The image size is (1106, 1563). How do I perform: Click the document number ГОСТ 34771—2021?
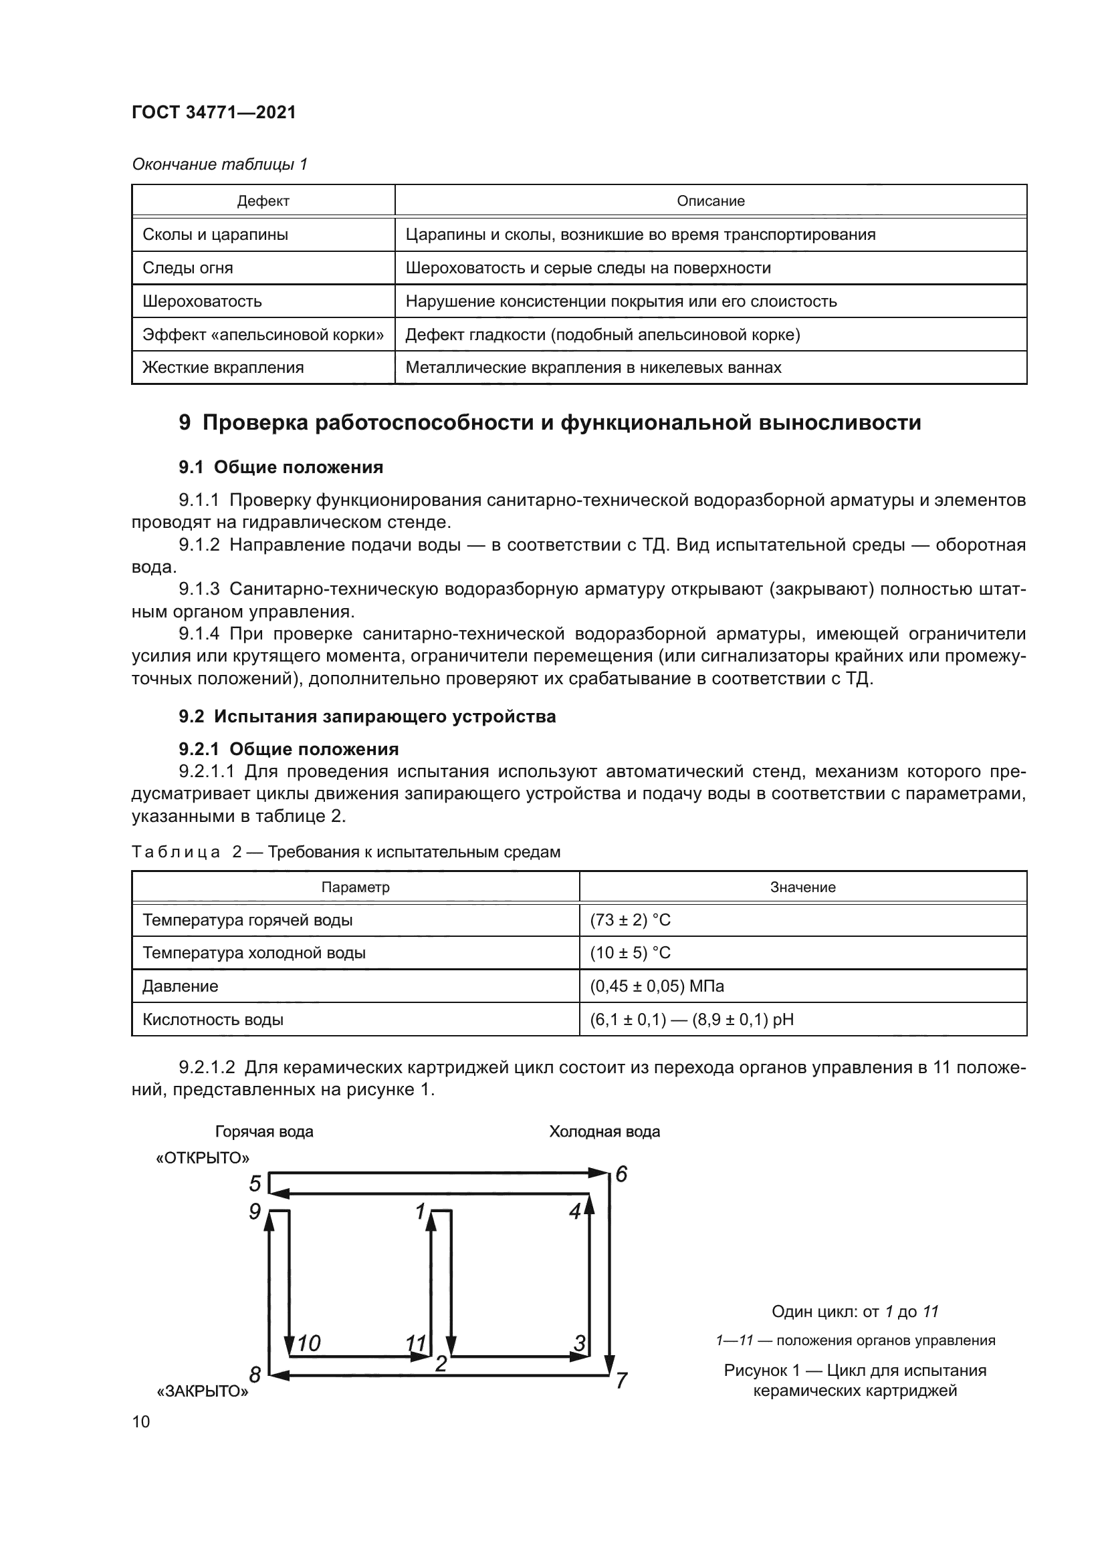click(x=214, y=112)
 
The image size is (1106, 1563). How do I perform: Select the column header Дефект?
click(x=263, y=202)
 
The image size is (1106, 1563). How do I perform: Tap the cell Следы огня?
click(x=187, y=268)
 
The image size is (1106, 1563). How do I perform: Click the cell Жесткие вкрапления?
click(x=223, y=368)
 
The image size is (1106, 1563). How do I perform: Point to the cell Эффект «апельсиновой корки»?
click(x=263, y=335)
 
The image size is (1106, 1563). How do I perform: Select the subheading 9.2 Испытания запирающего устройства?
click(x=367, y=716)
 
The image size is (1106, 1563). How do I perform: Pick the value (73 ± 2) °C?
click(x=630, y=920)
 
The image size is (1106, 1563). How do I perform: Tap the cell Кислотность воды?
click(x=213, y=1020)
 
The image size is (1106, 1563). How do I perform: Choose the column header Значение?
click(x=802, y=887)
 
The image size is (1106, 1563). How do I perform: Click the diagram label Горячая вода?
click(x=264, y=1132)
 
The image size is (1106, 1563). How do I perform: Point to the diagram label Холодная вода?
click(x=604, y=1132)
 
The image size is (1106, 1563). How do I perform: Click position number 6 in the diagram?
click(x=621, y=1175)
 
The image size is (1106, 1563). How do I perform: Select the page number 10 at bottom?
click(x=141, y=1421)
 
